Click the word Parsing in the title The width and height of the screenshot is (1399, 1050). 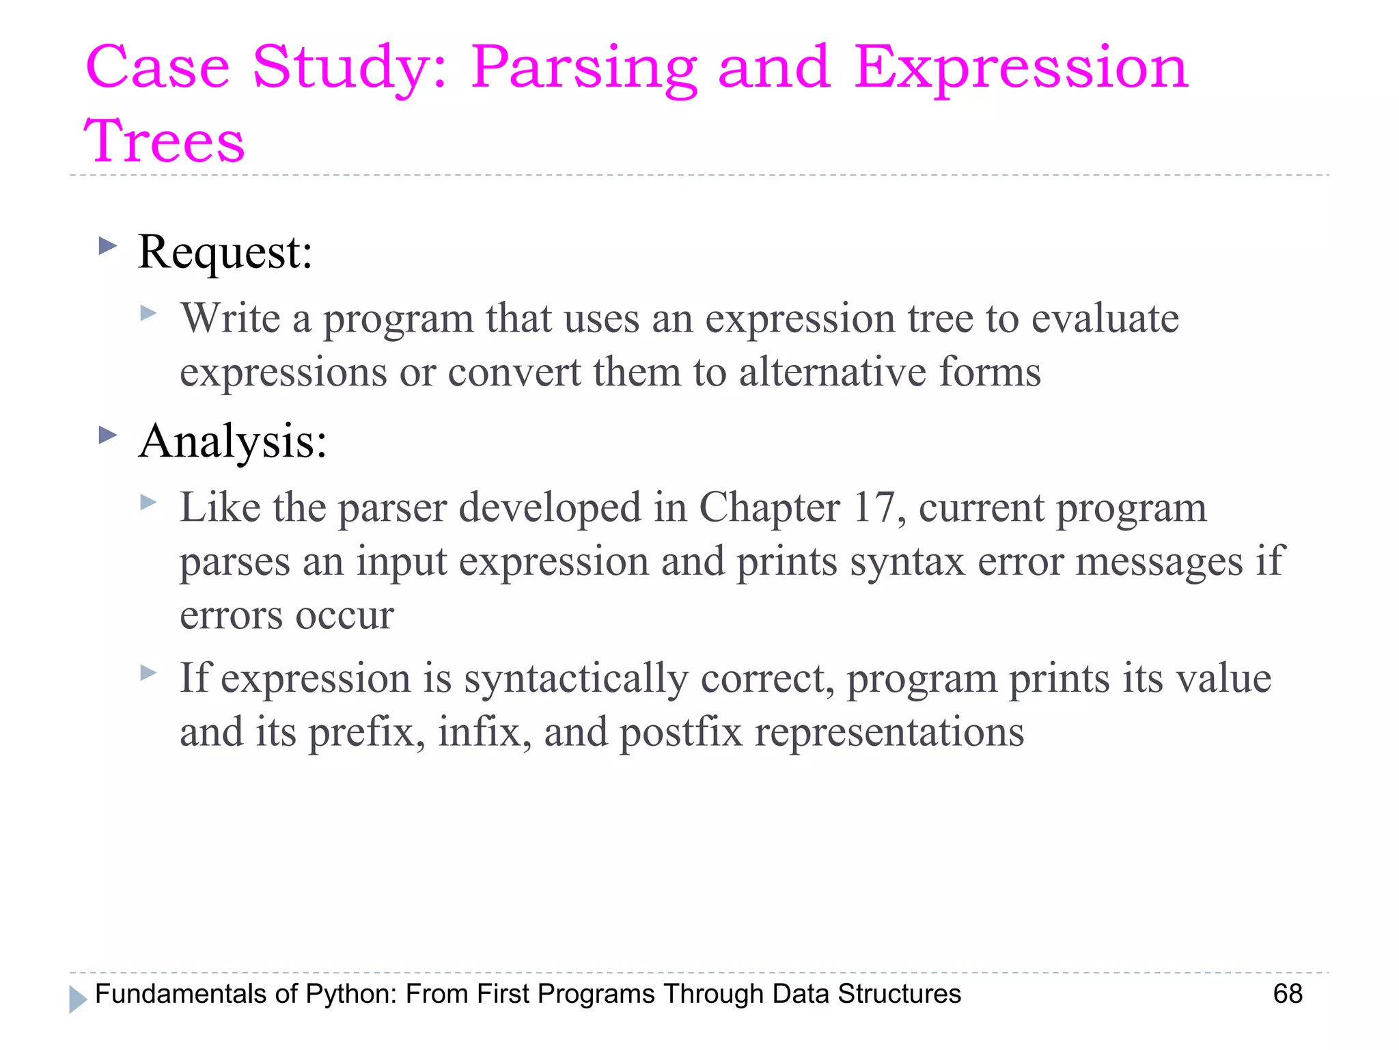coord(584,68)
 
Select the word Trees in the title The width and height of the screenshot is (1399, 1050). coord(164,141)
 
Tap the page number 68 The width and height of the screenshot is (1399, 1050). coord(1288,993)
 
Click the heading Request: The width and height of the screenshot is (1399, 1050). coord(225,252)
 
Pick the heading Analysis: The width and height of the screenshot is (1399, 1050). coord(233,441)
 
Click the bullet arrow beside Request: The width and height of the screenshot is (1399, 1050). coord(108,245)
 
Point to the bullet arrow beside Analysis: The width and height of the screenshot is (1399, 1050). coord(108,435)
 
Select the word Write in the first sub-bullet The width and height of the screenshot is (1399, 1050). coord(231,319)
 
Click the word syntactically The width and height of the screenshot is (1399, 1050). coord(576,679)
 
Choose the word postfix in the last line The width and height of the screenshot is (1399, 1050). coord(680,732)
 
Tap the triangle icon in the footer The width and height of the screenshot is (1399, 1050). coord(78,999)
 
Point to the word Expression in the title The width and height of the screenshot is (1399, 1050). coord(1021,68)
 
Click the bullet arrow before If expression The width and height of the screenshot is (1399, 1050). coord(148,673)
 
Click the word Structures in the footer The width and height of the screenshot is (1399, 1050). coord(900,994)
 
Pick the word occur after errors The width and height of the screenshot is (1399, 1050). coord(345,615)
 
